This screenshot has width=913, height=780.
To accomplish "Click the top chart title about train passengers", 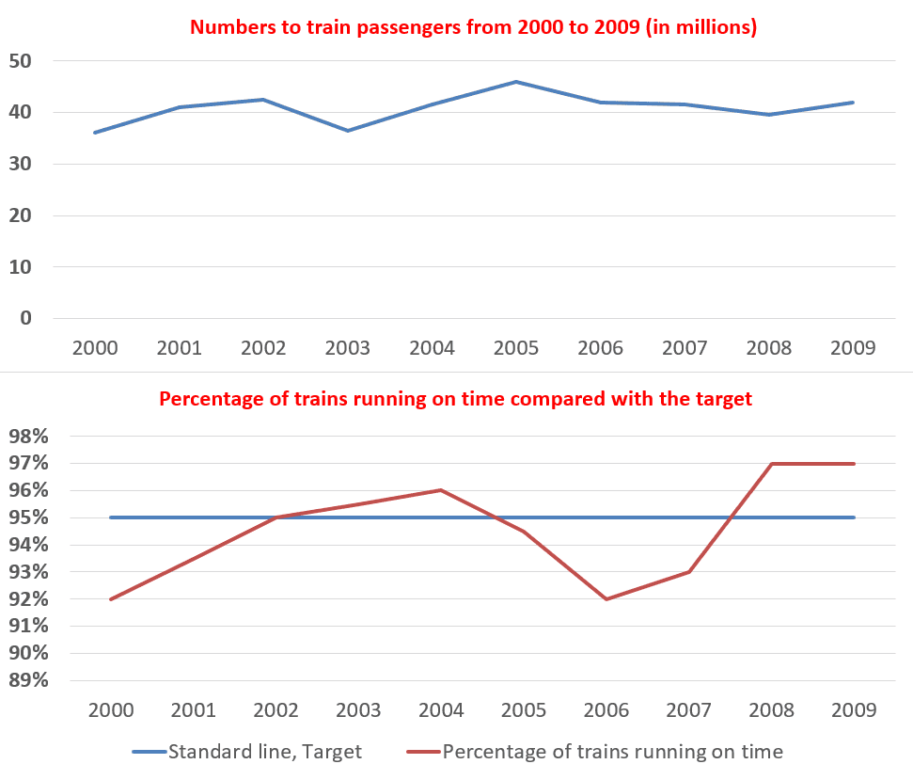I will (x=473, y=27).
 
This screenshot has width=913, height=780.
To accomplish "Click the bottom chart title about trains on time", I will (x=456, y=398).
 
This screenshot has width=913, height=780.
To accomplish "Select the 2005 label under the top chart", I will (x=516, y=348).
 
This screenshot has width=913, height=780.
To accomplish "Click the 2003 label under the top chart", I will (x=348, y=348).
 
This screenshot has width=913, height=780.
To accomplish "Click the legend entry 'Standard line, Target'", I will (x=246, y=751).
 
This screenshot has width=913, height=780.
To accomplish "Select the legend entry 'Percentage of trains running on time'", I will (x=594, y=751).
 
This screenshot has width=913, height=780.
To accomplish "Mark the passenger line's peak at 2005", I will (x=516, y=82).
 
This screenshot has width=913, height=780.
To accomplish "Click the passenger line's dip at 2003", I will (x=348, y=131).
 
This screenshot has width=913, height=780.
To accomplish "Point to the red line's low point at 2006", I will (x=606, y=599).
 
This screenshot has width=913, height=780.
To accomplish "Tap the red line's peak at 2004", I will (x=441, y=490).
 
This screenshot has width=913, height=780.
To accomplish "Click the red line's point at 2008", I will (x=772, y=464).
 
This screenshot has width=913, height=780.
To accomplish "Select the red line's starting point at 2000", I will (x=111, y=599).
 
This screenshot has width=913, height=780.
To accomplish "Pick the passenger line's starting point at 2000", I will (x=95, y=133).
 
